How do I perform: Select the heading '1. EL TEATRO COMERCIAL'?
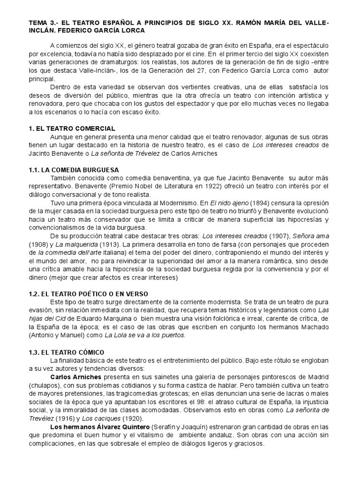point(72,128)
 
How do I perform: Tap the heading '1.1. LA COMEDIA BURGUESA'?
point(74,170)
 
